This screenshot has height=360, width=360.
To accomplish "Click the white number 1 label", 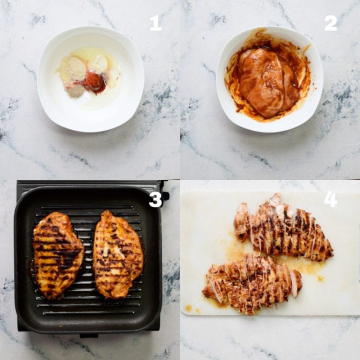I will coord(155,23).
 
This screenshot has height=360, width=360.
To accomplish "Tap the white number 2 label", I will coord(330,23).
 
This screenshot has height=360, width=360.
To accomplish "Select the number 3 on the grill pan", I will coord(155,199).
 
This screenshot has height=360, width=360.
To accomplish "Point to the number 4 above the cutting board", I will coord(330,199).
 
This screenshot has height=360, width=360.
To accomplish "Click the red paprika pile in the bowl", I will coord(94,81).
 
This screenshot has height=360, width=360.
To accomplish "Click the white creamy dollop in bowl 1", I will coord(99,63).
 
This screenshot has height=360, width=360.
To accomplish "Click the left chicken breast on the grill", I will coord(58,254).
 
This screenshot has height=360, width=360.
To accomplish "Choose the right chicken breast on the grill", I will coord(117,253).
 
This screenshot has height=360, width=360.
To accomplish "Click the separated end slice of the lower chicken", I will coord(296,282).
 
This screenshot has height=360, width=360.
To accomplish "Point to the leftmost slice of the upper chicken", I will coord(241,221).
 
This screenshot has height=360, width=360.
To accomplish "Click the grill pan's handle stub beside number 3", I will coord(165,196).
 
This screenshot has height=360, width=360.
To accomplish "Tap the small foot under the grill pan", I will coord(89,335).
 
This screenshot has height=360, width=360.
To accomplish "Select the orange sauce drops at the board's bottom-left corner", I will coord(189,307).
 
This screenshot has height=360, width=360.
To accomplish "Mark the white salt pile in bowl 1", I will coord(85,98).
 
